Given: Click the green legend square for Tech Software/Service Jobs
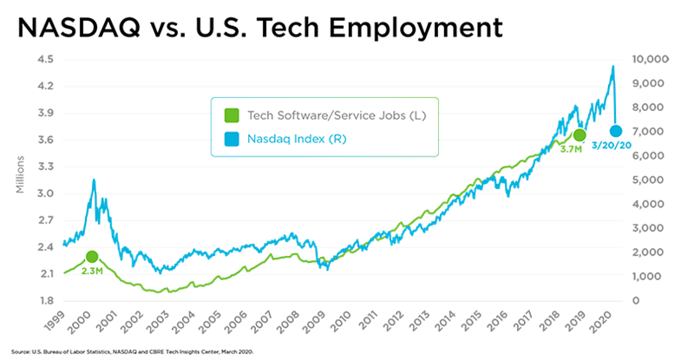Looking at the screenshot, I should pyautogui.click(x=232, y=115).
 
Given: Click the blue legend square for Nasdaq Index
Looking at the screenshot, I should pyautogui.click(x=232, y=139).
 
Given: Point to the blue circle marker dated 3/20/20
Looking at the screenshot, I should pyautogui.click(x=614, y=131).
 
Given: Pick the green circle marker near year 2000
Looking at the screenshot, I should pyautogui.click(x=92, y=256).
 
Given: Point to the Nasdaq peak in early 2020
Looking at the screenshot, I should pyautogui.click(x=613, y=67).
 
